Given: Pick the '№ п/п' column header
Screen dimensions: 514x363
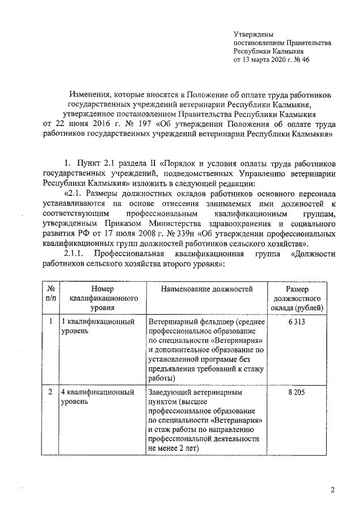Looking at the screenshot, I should click(x=50, y=294).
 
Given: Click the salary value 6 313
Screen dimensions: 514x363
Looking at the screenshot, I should click(x=298, y=322).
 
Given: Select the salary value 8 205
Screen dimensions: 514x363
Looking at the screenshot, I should click(x=298, y=392).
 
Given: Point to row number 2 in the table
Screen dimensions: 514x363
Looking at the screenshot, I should click(x=50, y=392).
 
